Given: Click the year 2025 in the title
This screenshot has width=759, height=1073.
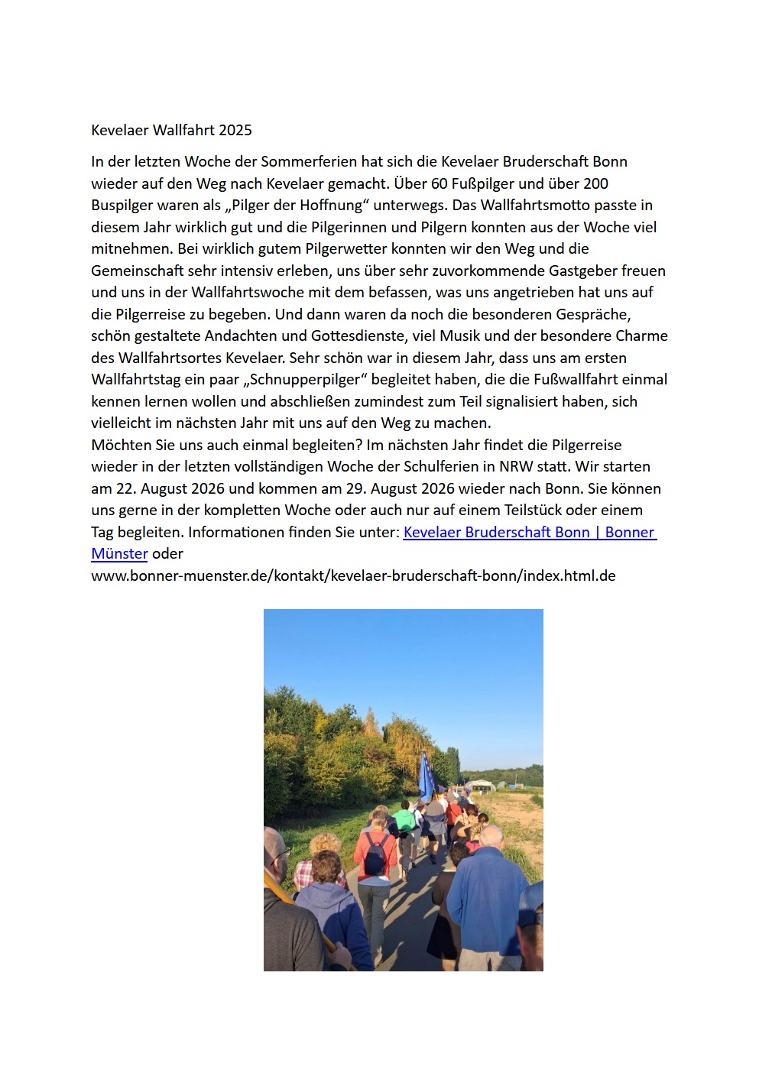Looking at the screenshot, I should coord(235,130).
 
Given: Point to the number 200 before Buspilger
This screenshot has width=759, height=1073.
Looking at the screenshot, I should coord(595,183).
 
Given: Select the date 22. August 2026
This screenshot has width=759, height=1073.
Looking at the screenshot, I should coord(172,488).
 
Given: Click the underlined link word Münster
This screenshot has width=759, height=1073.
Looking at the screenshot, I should coord(119,553).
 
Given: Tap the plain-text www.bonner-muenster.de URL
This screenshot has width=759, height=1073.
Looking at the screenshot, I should coord(353,575).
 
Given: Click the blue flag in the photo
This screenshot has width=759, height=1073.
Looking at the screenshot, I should coord(425,776).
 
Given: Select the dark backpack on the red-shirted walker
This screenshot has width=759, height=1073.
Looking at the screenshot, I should coord(375,855).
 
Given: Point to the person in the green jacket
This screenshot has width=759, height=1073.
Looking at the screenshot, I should coord(404,821).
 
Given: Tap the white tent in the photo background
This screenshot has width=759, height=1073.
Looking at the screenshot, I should coord(482,784).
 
